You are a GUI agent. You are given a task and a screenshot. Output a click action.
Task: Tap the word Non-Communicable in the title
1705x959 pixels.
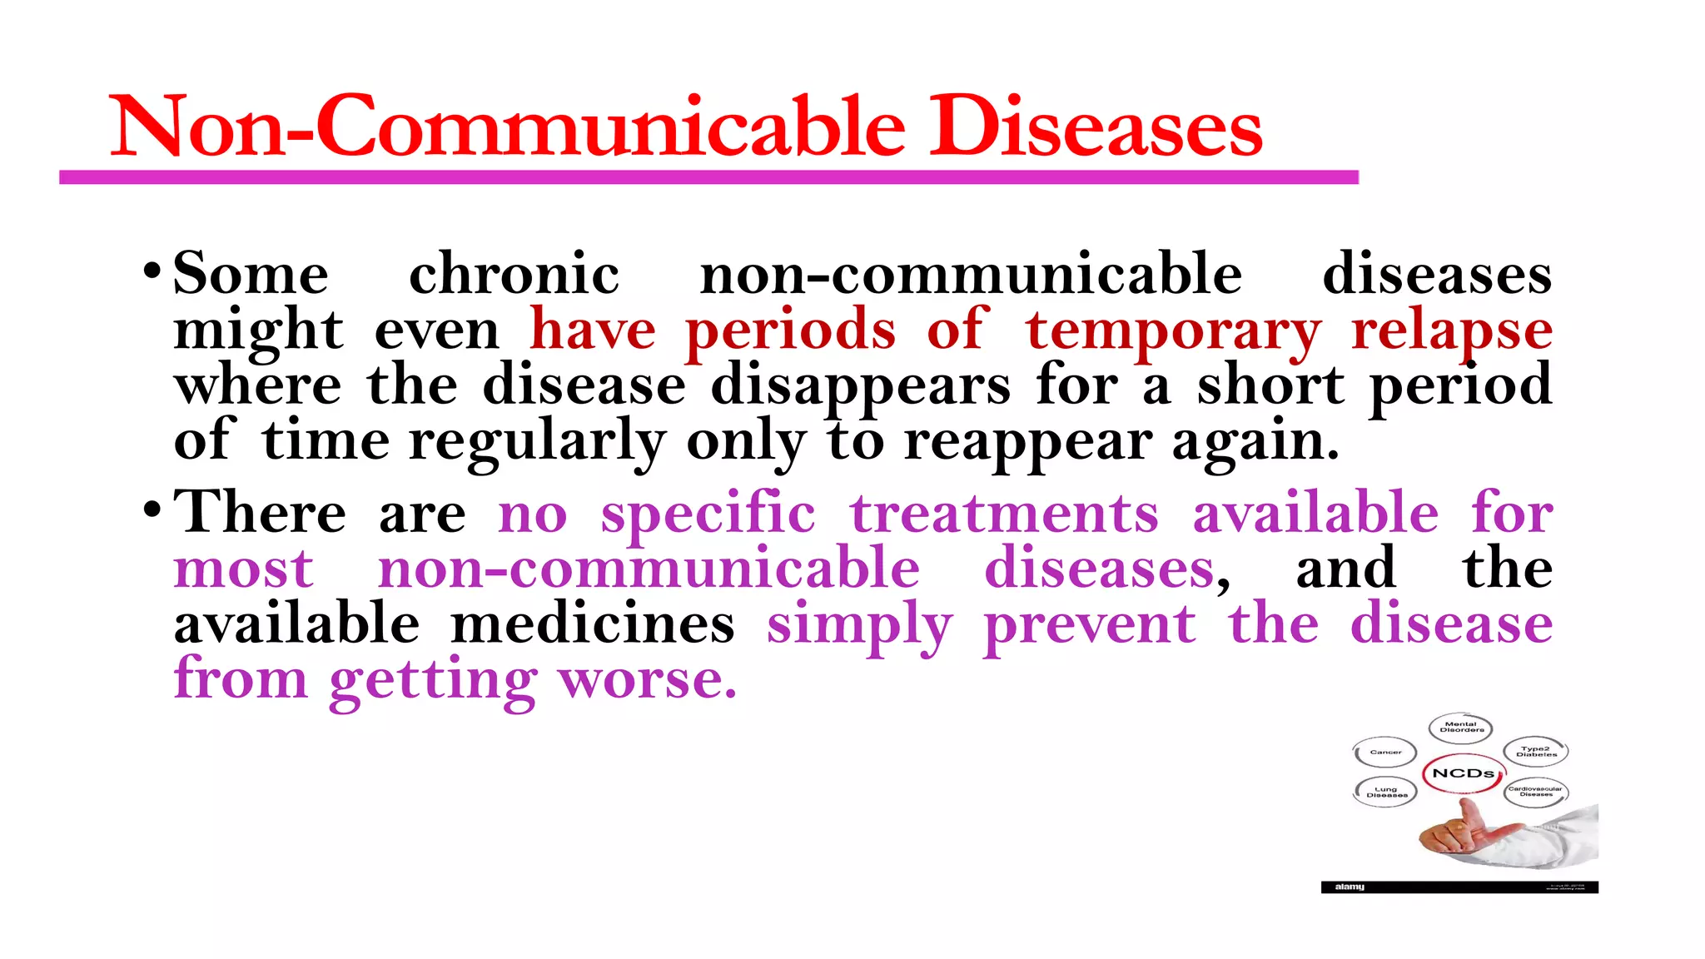click(507, 128)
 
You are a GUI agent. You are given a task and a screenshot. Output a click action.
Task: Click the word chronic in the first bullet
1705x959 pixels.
click(514, 274)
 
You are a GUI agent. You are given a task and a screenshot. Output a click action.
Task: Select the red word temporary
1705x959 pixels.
click(1172, 330)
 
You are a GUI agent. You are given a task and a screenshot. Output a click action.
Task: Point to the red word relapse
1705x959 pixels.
click(1451, 330)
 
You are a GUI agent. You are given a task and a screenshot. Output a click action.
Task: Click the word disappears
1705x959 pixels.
click(860, 386)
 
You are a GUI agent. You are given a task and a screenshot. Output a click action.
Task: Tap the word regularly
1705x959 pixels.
click(537, 441)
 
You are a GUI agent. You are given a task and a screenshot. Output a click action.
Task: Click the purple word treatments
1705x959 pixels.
click(1004, 513)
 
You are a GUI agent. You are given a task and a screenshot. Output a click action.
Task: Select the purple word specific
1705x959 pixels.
click(708, 513)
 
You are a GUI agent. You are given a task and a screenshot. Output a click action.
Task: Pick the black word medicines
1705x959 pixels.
click(592, 624)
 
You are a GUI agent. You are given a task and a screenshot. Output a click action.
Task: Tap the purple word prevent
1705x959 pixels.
click(1089, 624)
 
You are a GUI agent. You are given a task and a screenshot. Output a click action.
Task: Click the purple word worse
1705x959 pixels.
click(647, 680)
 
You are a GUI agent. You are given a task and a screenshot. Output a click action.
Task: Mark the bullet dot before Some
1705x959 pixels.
click(152, 271)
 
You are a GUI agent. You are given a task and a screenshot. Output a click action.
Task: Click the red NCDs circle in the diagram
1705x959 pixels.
click(1463, 773)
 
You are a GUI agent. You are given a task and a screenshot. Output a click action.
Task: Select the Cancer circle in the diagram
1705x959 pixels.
click(1385, 753)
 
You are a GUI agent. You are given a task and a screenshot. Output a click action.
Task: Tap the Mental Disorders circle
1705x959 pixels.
click(1461, 728)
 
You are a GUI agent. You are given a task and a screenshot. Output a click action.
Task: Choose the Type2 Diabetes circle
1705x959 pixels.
click(1536, 752)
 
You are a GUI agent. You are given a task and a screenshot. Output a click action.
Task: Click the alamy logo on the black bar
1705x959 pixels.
click(1350, 887)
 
